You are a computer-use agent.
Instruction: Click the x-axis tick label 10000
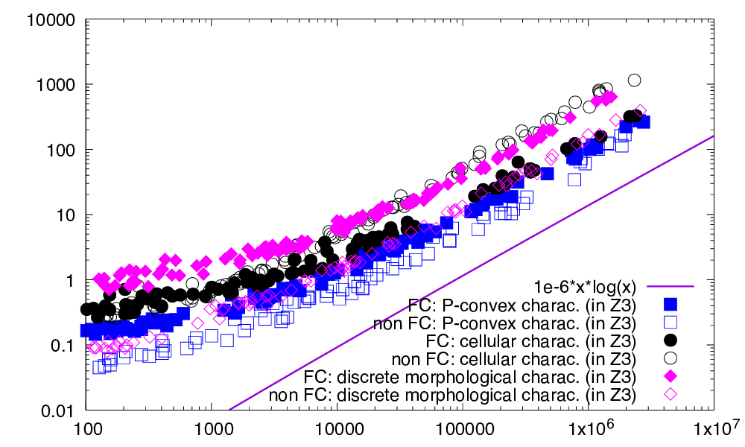(x=337, y=430)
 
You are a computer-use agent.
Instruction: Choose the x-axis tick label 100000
(x=462, y=430)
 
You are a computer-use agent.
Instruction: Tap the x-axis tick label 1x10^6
(x=589, y=430)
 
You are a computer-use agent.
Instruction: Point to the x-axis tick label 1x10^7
(x=714, y=430)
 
